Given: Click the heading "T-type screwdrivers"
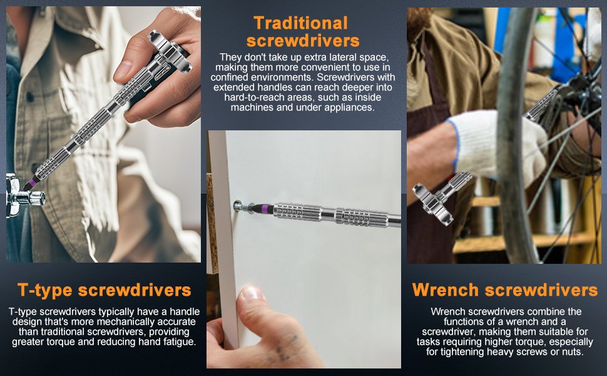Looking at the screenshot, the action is click(104, 290).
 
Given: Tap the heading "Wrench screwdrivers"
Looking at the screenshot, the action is click(505, 290).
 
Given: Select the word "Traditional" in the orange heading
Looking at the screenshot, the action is click(301, 23).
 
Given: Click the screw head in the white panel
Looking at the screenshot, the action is click(237, 206).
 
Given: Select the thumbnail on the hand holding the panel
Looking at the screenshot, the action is click(251, 293).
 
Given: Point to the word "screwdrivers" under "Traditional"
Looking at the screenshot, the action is click(303, 41).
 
